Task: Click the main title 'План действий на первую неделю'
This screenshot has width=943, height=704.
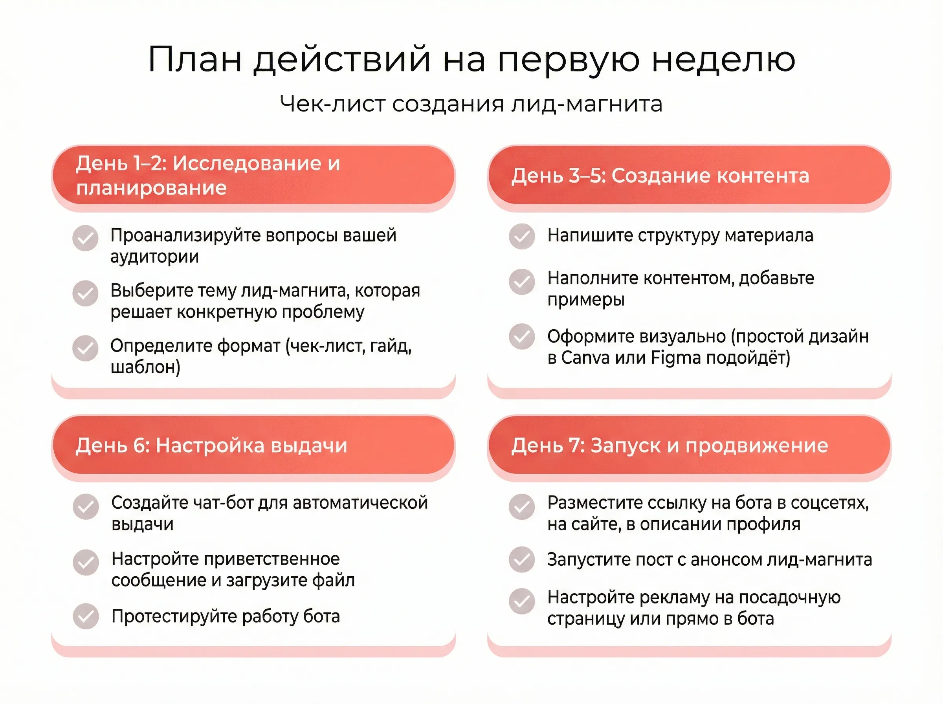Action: [471, 60]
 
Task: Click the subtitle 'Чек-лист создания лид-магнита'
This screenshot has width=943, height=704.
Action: [471, 104]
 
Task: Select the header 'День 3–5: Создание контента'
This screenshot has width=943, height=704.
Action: [660, 176]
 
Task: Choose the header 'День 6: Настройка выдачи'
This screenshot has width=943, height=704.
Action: [211, 445]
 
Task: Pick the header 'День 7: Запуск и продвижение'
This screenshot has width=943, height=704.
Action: [670, 445]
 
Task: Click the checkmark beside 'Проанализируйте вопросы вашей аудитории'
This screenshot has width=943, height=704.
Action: [85, 238]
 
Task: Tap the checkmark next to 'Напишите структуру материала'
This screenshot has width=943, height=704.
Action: [521, 236]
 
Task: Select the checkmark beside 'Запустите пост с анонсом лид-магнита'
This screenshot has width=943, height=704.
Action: [521, 559]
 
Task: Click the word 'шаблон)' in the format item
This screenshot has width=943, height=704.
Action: [145, 367]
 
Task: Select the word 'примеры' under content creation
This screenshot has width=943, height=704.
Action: [586, 300]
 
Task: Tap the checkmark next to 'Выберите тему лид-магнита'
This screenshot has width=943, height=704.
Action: [85, 293]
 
